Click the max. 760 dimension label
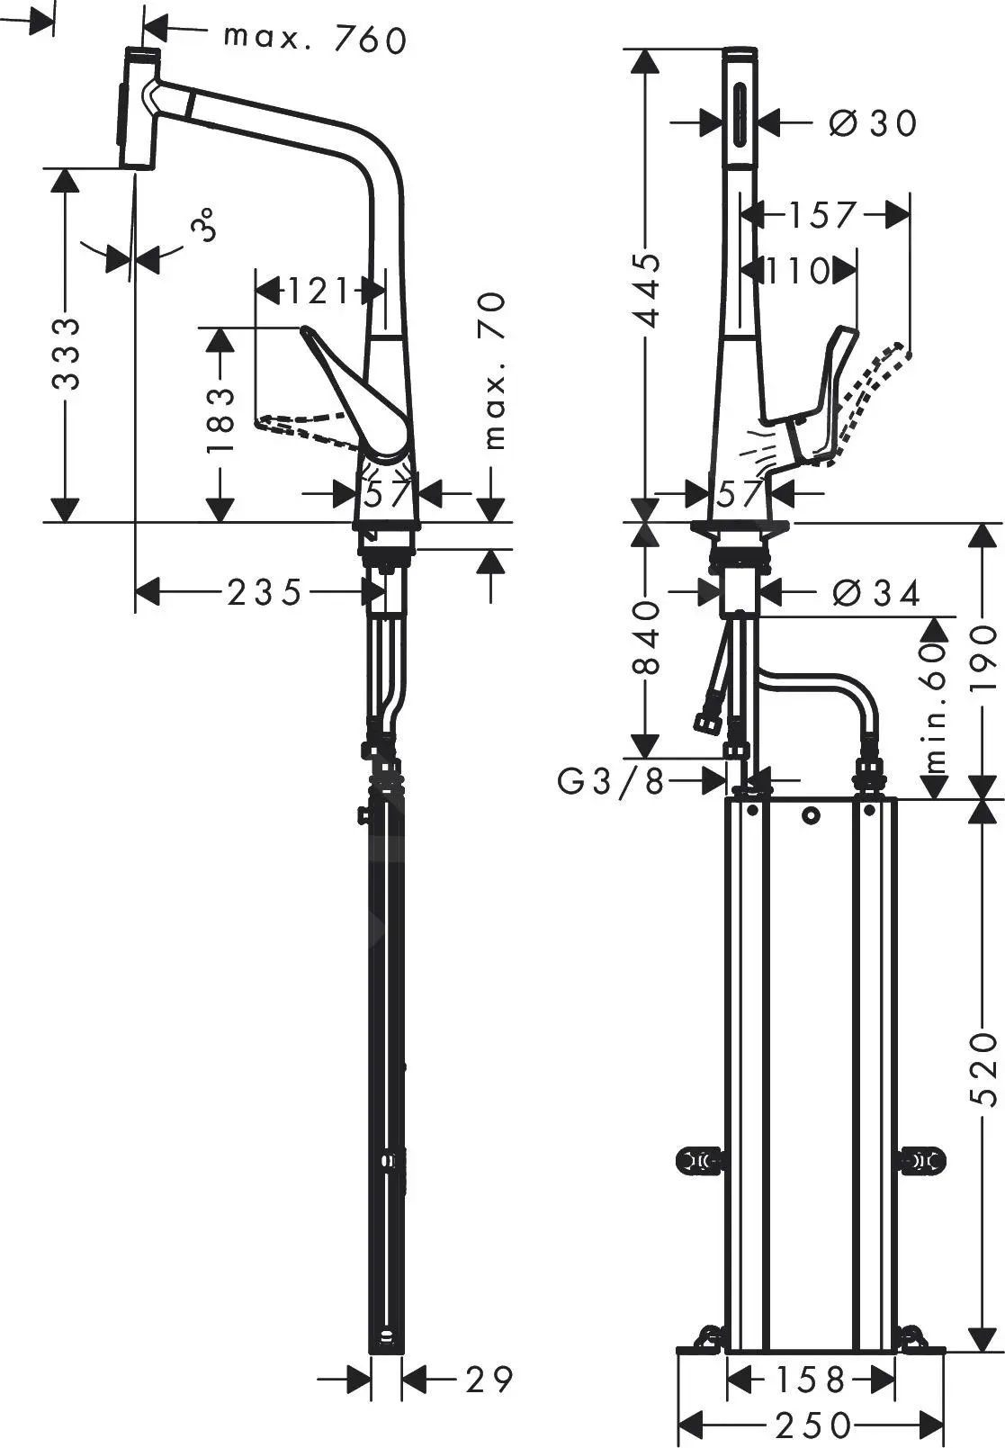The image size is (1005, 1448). click(315, 38)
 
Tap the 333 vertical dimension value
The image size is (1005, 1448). click(66, 352)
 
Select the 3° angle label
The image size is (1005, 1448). click(206, 224)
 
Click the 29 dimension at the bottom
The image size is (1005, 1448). click(489, 1379)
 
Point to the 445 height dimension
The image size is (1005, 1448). click(647, 291)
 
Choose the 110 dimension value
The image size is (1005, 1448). click(796, 270)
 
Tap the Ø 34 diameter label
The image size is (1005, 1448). click(875, 592)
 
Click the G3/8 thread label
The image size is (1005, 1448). click(610, 782)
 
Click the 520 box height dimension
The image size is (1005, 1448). click(986, 1068)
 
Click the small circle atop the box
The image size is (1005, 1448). click(812, 817)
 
